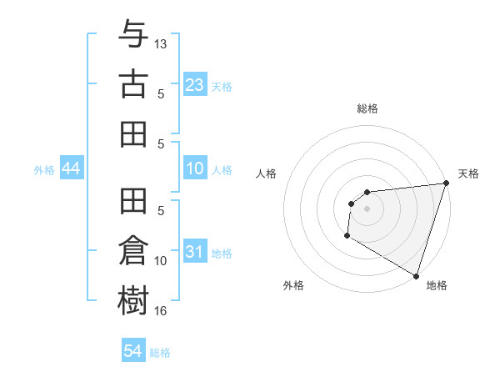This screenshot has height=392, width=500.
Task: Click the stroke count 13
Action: coord(161,43)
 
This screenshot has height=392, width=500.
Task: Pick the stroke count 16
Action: coord(161,311)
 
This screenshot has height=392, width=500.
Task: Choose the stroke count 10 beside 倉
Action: coord(161,261)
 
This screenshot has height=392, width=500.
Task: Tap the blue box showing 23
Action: coord(194,83)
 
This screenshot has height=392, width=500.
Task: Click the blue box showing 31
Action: coord(194,251)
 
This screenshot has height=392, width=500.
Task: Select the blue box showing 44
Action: coord(71,169)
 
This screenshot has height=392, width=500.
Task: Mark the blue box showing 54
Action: coord(132,351)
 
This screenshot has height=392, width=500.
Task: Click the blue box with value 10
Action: coord(194,169)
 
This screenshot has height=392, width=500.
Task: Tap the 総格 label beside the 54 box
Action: coord(160,353)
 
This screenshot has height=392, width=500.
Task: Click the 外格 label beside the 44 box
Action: coord(44,170)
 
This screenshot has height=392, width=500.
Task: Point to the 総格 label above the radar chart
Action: coord(367,109)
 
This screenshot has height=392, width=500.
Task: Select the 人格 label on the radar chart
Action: coord(267,174)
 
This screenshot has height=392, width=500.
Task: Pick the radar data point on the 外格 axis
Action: coord(346,237)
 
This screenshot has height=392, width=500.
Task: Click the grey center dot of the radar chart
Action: coord(367,209)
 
